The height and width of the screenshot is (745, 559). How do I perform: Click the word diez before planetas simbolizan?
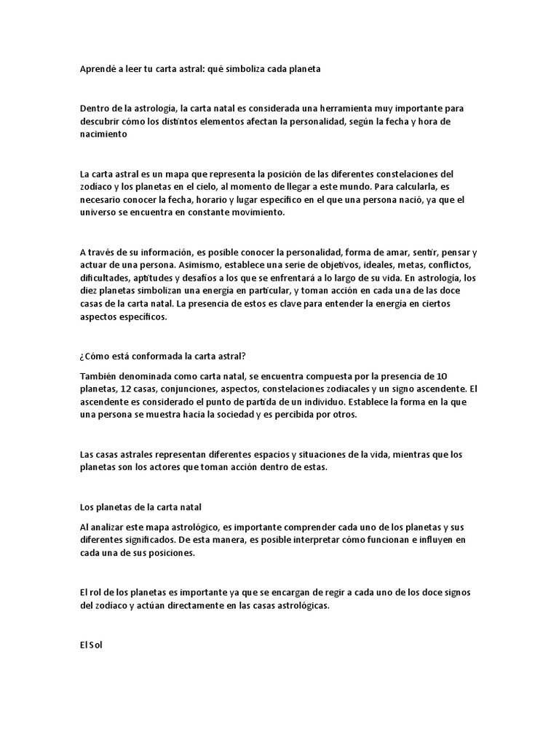[x=89, y=291]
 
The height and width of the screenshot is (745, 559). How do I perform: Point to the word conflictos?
[x=448, y=265]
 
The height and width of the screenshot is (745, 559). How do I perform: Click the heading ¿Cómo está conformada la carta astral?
[x=163, y=356]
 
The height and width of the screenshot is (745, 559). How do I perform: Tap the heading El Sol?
[x=92, y=644]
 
